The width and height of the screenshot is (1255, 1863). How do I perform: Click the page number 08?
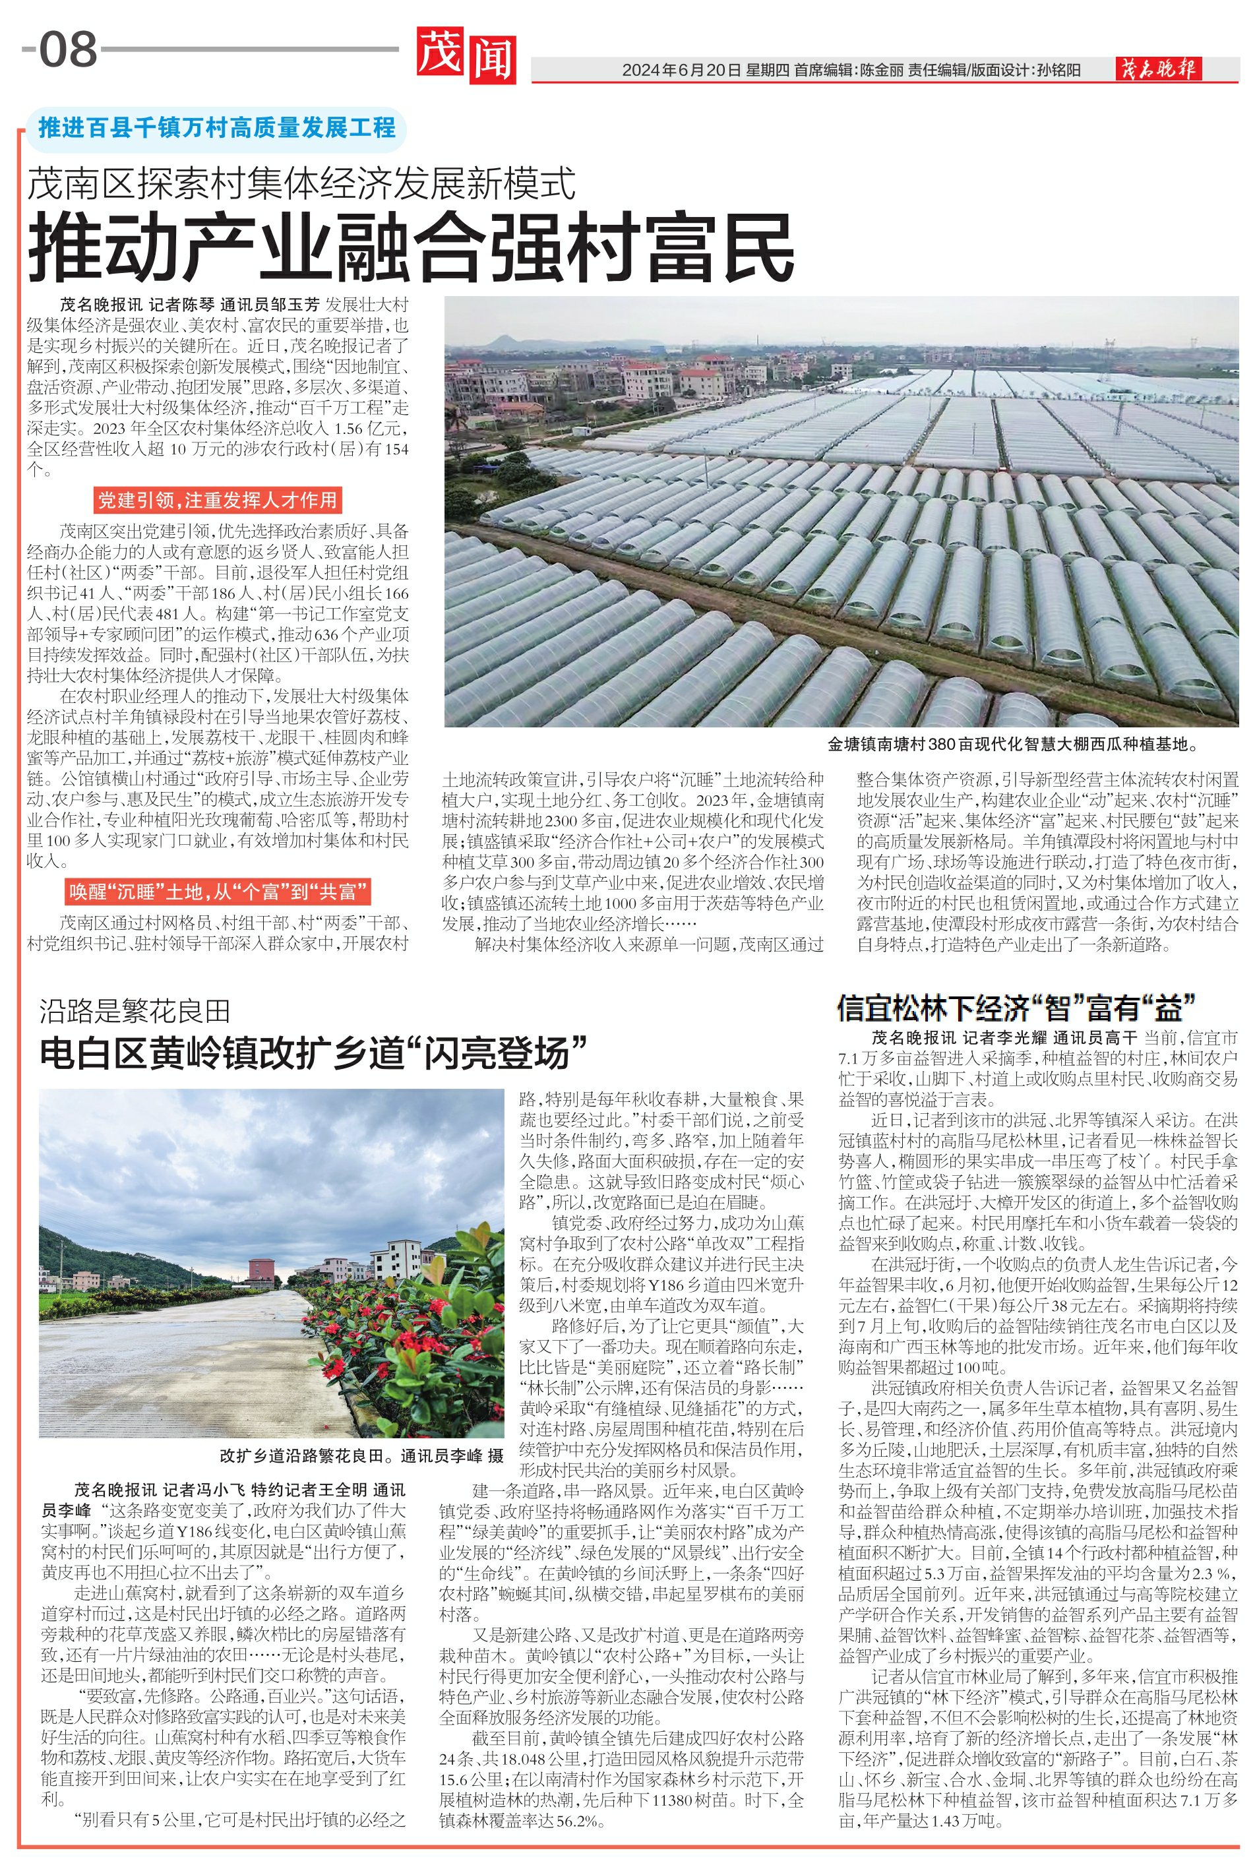point(68,49)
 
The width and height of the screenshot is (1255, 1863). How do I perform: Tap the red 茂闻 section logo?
point(466,55)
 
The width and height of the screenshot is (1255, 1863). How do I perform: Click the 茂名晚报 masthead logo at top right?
point(1158,71)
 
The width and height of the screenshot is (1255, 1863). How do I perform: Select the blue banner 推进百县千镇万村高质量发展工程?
point(217,127)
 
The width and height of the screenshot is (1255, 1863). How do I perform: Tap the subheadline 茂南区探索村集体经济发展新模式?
point(302,185)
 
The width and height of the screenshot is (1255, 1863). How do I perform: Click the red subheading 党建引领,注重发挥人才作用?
point(217,501)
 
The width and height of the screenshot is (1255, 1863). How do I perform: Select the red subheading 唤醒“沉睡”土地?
point(218,892)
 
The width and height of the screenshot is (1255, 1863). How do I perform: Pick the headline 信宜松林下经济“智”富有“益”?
point(1016,1007)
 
